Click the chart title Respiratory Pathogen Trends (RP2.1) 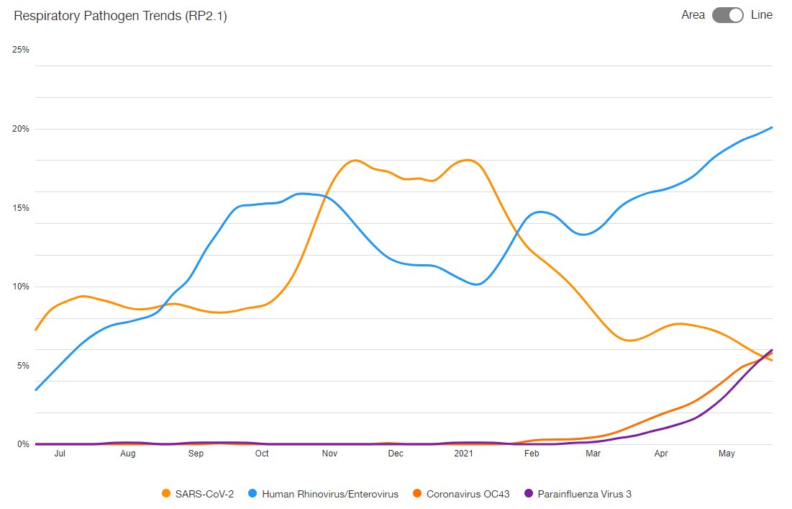(120, 16)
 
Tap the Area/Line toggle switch (727, 15)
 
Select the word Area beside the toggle (693, 15)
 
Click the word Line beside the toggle (762, 15)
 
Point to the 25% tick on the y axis (20, 50)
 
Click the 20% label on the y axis (20, 129)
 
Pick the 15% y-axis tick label (20, 208)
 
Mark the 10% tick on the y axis (20, 287)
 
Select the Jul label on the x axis (60, 454)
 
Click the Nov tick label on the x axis (329, 454)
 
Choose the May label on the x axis (727, 454)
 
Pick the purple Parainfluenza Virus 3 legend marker (529, 494)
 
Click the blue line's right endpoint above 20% (772, 127)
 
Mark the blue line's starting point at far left (35, 390)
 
